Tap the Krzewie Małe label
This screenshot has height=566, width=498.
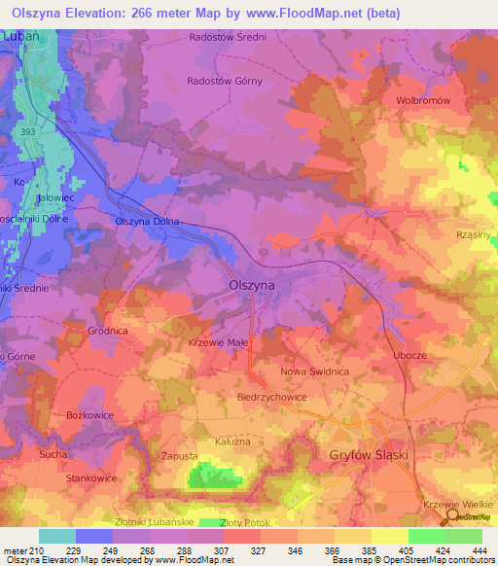tap(217, 344)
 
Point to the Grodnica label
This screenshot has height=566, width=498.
tap(108, 331)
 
